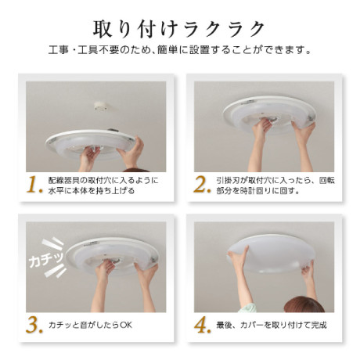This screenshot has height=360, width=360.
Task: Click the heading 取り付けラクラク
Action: tap(179, 29)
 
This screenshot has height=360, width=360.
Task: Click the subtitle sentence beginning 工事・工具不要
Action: tap(180, 49)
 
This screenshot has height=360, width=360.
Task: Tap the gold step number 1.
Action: tap(34, 185)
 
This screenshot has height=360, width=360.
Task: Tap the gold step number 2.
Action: tap(202, 185)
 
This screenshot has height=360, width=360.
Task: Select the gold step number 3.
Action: tap(34, 325)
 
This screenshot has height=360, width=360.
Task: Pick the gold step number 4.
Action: tap(203, 325)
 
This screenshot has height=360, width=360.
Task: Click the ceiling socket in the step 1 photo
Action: tap(100, 106)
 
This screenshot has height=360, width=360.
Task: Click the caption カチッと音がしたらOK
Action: tap(90, 325)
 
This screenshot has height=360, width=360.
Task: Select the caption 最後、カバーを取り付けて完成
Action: tap(272, 325)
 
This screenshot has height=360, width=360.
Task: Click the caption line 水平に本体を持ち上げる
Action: tap(92, 190)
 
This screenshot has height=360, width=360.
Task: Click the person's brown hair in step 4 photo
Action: tap(304, 304)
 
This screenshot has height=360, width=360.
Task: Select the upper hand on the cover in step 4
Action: tap(238, 257)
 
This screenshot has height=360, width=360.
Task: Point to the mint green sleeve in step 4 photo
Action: tap(247, 308)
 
